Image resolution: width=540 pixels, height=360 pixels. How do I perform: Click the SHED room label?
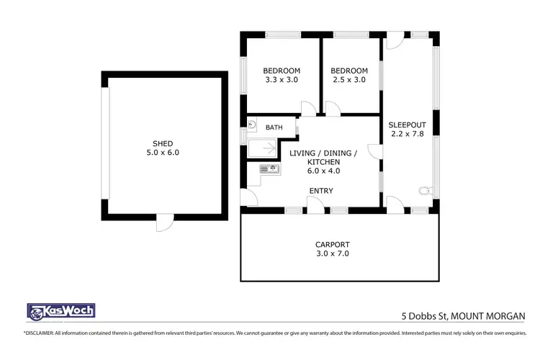tap(162, 143)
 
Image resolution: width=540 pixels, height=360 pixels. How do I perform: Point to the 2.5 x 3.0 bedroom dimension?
tap(349, 80)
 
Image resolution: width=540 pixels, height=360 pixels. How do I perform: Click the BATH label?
tap(274, 127)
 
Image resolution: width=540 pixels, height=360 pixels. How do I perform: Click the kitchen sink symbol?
tap(269, 169)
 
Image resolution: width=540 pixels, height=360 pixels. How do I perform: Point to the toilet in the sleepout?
tap(424, 192)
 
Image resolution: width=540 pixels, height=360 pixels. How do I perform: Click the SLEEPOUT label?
tap(405, 123)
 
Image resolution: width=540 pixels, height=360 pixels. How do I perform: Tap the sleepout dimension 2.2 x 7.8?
tap(405, 133)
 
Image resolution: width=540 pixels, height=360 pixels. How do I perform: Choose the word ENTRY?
tap(320, 190)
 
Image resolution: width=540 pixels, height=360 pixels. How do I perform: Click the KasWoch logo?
tap(60, 311)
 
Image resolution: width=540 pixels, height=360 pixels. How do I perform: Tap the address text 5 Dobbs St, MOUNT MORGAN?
tap(463, 315)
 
